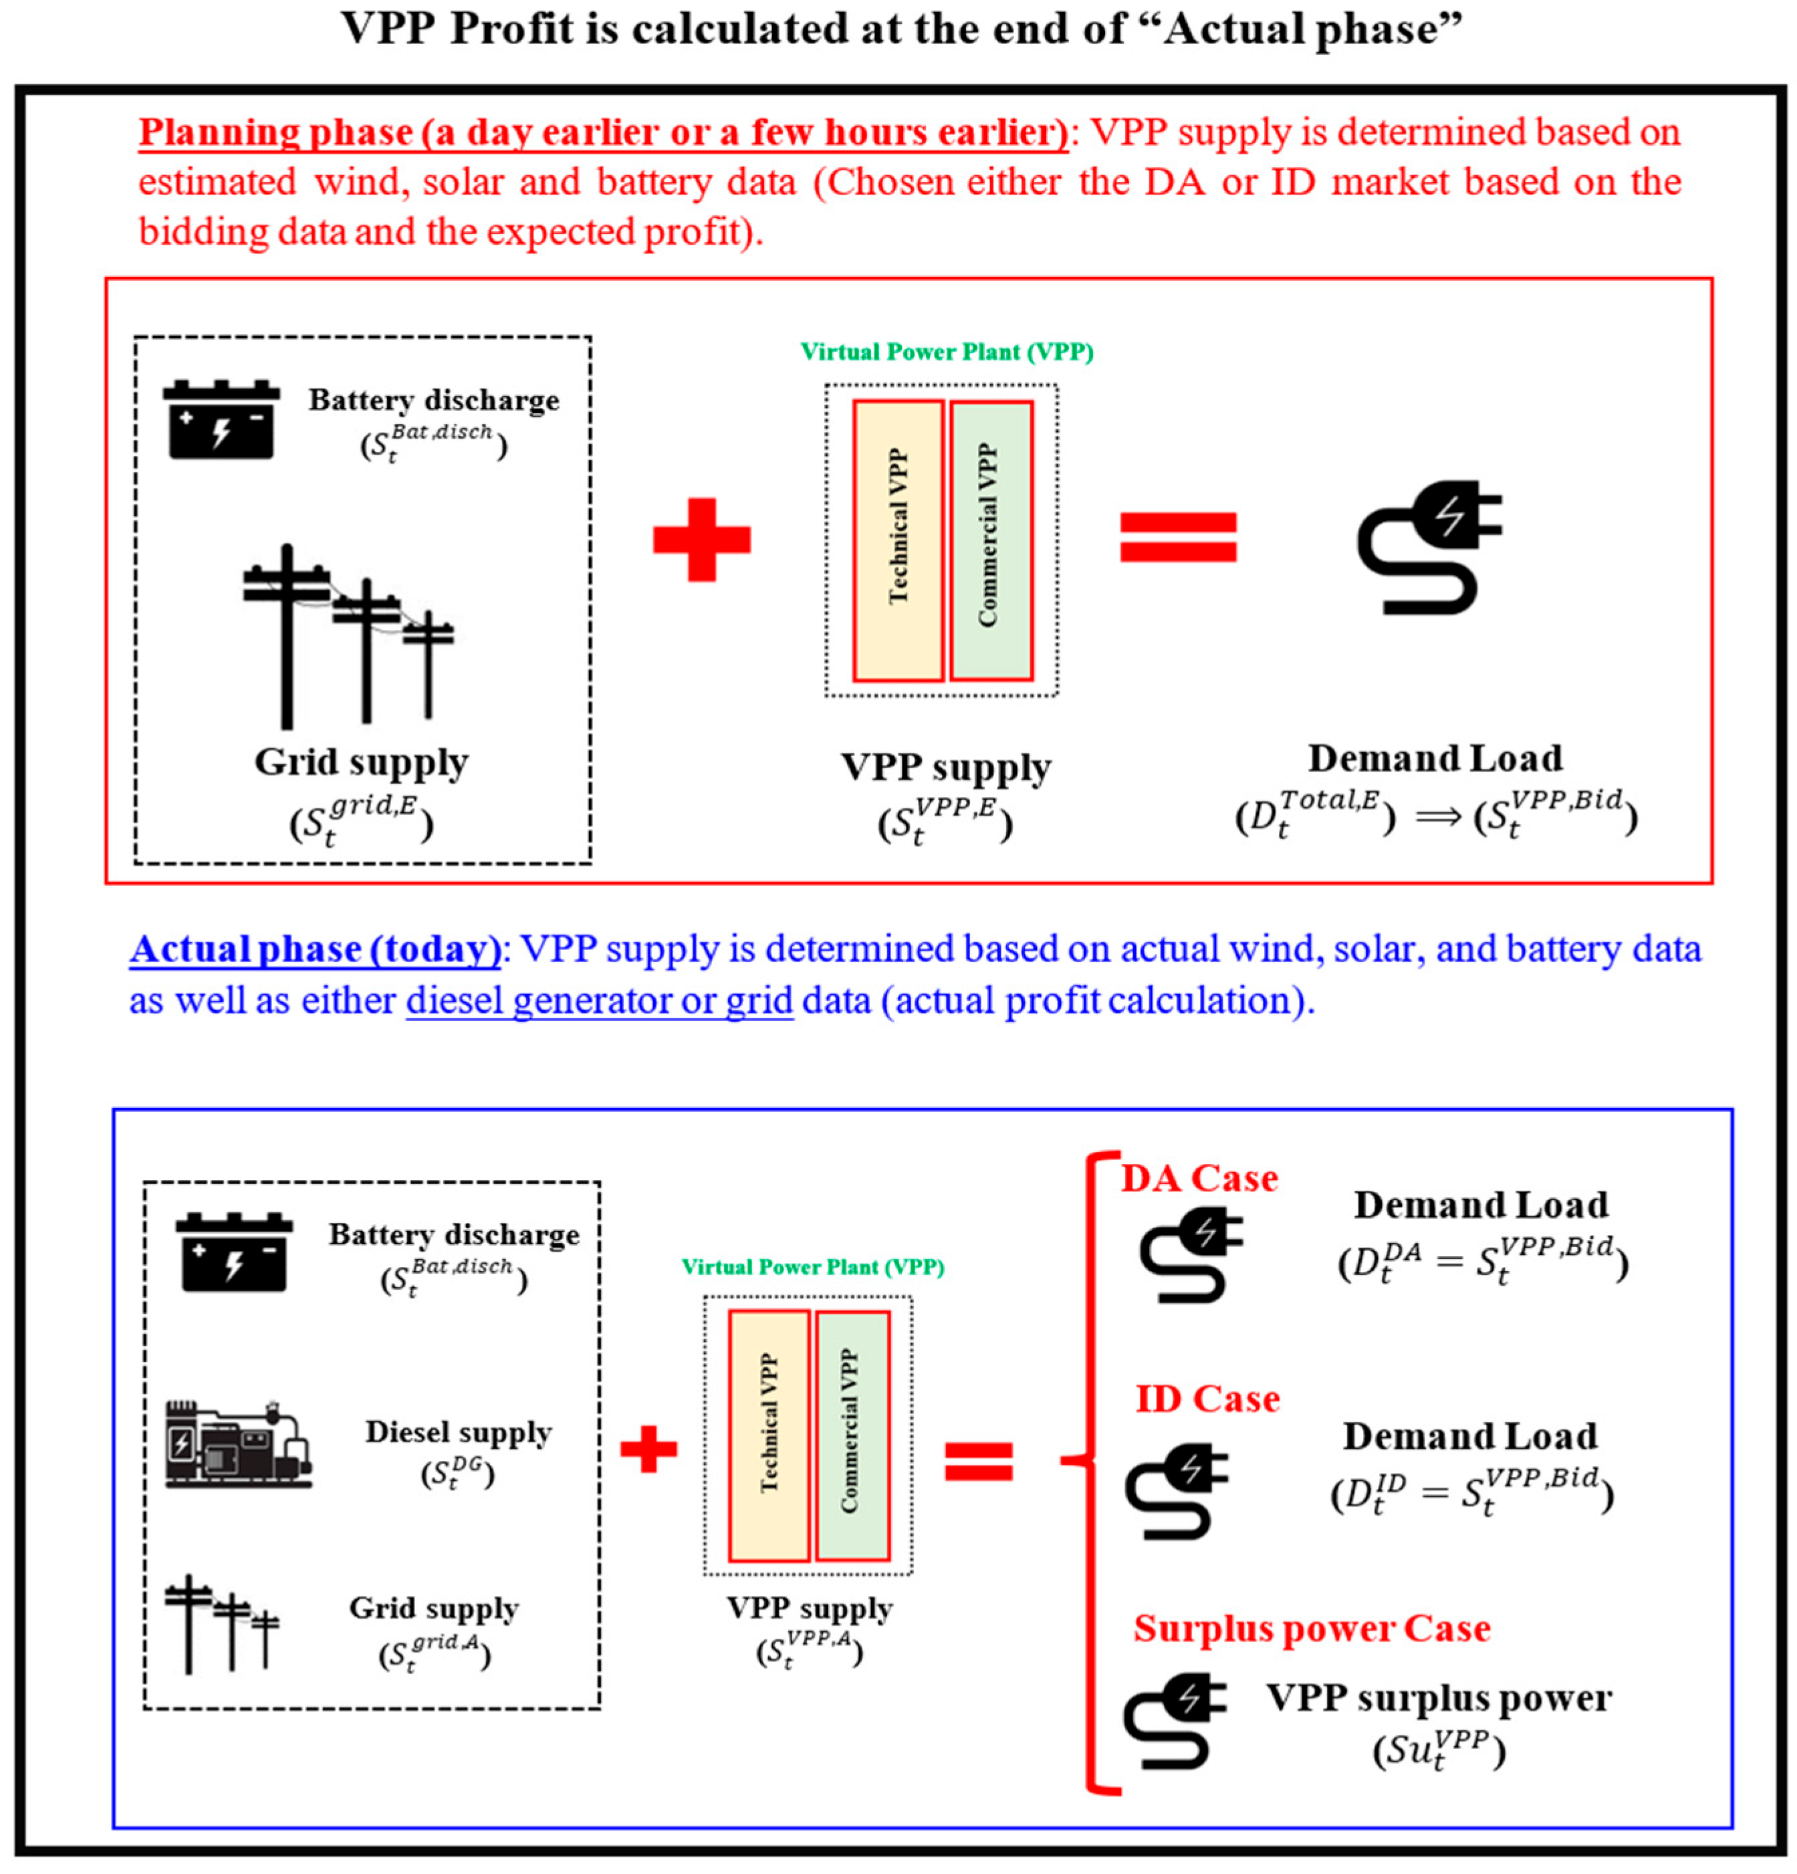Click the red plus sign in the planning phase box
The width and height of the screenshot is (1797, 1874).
click(701, 540)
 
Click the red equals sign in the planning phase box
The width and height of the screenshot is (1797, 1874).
click(1177, 538)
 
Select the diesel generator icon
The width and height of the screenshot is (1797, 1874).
click(238, 1443)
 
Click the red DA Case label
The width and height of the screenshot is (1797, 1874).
click(1199, 1179)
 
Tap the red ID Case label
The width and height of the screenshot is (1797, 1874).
click(1206, 1399)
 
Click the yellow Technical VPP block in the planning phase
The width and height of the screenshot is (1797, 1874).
click(898, 540)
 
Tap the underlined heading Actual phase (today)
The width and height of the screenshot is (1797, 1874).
click(316, 949)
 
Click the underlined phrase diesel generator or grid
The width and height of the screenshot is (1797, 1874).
click(599, 1001)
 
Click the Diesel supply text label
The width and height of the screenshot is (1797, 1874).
click(459, 1432)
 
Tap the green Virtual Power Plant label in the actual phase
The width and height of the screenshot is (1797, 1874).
click(812, 1267)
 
